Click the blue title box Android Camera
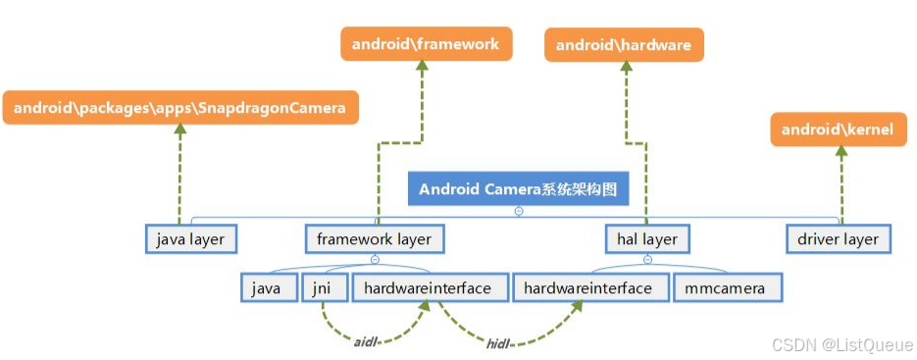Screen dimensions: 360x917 point(518,189)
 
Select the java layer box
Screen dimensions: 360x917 point(190,239)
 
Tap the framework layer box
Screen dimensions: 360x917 point(374,239)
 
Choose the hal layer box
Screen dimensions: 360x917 point(646,239)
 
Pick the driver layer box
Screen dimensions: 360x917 point(839,239)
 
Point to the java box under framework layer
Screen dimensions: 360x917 point(268,288)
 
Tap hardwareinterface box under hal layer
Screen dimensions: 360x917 point(588,288)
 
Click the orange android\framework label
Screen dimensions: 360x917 point(426,44)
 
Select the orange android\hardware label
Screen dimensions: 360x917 point(624,45)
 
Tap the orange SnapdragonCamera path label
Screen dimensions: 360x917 point(179,108)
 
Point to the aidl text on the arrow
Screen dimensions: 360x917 point(366,342)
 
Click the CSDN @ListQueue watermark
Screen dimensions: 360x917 point(841,344)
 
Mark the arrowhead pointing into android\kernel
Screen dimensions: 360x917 point(841,152)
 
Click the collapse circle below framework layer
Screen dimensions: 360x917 point(375,260)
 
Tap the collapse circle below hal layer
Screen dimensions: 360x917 point(647,260)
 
